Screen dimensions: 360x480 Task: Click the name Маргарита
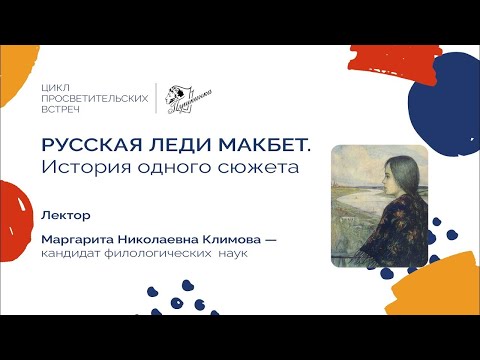tap(79, 241)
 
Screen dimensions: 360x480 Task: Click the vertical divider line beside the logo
tap(156, 98)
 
